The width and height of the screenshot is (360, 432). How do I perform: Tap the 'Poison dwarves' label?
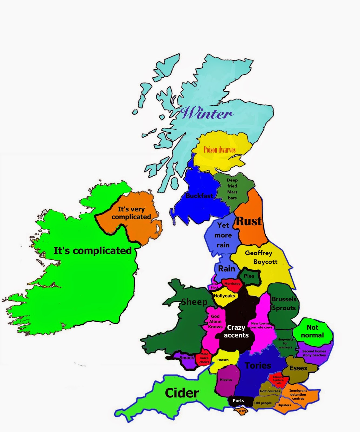pyautogui.click(x=219, y=150)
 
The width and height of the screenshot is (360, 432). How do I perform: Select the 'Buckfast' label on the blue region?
pyautogui.click(x=199, y=196)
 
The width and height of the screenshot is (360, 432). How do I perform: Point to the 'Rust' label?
pyautogui.click(x=249, y=221)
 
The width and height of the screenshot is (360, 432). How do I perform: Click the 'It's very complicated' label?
pyautogui.click(x=131, y=213)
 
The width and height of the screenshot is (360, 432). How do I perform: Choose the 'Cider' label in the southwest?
pyautogui.click(x=182, y=393)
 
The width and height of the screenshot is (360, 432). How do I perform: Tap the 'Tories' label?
pyautogui.click(x=258, y=366)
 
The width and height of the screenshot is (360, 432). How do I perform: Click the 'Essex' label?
pyautogui.click(x=298, y=368)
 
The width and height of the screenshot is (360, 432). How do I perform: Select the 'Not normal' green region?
pyautogui.click(x=312, y=331)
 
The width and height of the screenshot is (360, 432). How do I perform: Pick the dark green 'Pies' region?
pyautogui.click(x=249, y=276)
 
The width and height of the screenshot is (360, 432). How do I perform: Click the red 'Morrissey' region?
pyautogui.click(x=232, y=284)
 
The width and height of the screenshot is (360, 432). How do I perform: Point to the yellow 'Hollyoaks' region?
pyautogui.click(x=224, y=296)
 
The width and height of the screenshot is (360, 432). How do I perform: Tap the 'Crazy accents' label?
pyautogui.click(x=236, y=331)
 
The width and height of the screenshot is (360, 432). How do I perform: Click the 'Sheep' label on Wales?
pyautogui.click(x=194, y=302)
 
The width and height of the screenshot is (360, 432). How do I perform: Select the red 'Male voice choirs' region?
pyautogui.click(x=204, y=358)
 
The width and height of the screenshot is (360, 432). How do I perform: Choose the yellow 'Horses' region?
pyautogui.click(x=223, y=360)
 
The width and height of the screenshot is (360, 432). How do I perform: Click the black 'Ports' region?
pyautogui.click(x=238, y=401)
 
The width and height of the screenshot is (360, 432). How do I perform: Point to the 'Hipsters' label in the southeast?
pyautogui.click(x=284, y=405)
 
